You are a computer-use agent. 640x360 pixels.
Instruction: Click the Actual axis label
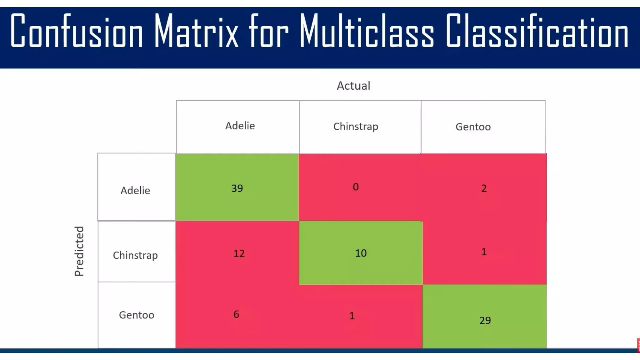(x=353, y=86)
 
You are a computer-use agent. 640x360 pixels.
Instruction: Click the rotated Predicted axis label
(x=79, y=251)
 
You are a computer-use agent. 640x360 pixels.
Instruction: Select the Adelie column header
(x=240, y=126)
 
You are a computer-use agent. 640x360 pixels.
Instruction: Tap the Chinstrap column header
(x=356, y=127)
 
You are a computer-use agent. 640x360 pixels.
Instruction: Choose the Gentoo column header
(x=473, y=127)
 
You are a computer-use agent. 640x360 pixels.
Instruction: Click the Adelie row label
(x=135, y=190)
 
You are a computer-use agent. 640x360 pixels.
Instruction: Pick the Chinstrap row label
(x=135, y=255)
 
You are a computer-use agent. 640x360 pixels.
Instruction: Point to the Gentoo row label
(x=137, y=315)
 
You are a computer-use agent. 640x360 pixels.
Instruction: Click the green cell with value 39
(x=237, y=188)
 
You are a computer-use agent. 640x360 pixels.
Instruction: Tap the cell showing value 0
(x=356, y=187)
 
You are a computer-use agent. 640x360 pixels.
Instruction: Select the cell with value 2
(x=484, y=188)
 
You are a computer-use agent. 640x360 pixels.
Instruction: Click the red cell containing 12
(x=239, y=253)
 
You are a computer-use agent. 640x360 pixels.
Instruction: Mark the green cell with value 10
(x=361, y=253)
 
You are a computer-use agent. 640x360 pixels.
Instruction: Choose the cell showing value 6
(x=236, y=314)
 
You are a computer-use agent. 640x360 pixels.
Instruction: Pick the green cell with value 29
(x=485, y=320)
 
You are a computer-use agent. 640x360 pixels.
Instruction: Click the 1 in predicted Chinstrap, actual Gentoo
(x=484, y=252)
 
